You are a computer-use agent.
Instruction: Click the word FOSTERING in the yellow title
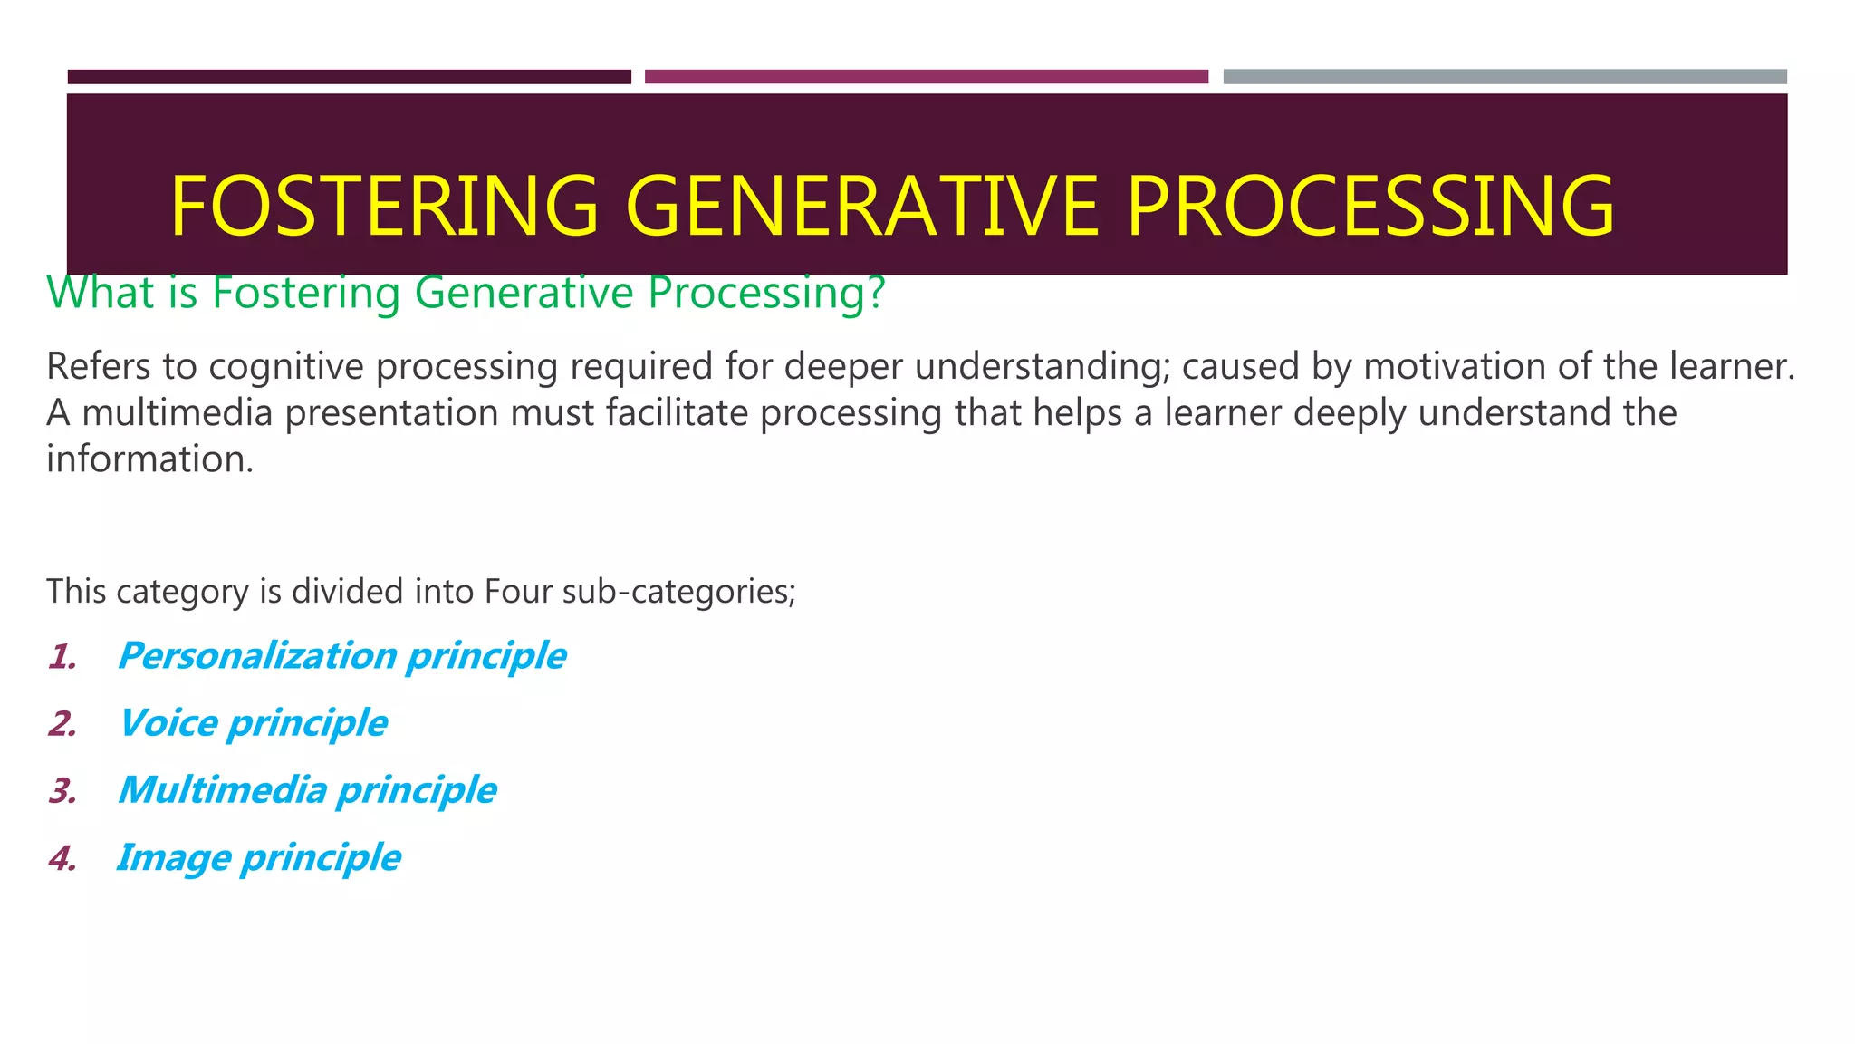pos(384,206)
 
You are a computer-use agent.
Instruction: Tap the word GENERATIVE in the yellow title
pos(861,206)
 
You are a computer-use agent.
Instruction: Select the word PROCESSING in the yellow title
pos(1370,206)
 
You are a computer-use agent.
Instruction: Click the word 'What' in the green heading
pos(100,293)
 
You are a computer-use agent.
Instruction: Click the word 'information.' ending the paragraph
pos(149,459)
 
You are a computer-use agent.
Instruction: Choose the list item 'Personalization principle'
pos(341,656)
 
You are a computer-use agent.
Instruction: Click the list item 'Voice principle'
pos(253,723)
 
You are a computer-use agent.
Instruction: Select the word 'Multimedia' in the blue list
pos(222,790)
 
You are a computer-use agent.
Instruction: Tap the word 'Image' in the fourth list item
pos(174,857)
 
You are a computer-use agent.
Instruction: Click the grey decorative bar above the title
pos(1504,77)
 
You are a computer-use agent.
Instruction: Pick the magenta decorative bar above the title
pos(926,77)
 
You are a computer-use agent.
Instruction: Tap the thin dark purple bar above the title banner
pos(349,77)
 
